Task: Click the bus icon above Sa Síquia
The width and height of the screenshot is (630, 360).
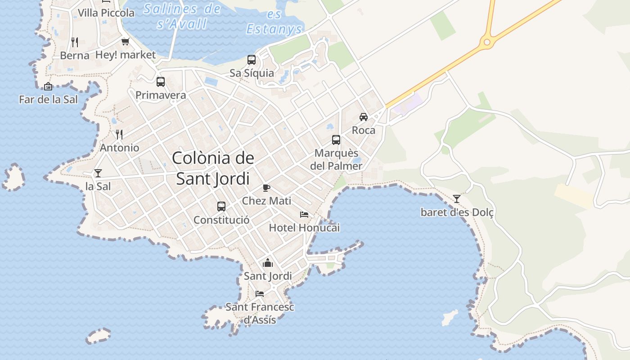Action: coord(252,59)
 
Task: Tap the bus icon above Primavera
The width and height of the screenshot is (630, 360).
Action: coord(161,82)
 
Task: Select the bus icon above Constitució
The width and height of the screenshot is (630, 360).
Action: coord(221,207)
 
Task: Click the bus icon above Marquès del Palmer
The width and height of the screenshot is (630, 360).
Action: coord(336,140)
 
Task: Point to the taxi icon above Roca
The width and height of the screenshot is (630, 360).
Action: coord(364,117)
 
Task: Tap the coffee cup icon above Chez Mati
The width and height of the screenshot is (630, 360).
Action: coord(266,188)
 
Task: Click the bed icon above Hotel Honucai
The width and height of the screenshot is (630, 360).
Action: coord(304,215)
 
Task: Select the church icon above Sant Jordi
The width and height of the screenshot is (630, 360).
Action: coord(268,263)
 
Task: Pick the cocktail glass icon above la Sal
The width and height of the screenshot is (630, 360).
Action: coord(98,173)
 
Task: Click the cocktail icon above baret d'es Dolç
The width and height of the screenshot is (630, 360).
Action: coord(457,198)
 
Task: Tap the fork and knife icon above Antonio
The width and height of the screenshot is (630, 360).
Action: coord(119,134)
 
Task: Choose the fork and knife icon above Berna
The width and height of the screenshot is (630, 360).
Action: coord(75,42)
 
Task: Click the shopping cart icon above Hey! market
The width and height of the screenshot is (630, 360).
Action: coord(125,42)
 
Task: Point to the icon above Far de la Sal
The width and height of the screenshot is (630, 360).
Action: coord(48,86)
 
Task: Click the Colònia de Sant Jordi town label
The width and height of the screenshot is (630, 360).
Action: coord(213,168)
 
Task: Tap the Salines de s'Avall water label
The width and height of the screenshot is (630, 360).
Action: coord(182,16)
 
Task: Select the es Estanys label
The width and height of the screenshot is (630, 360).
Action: coord(274,22)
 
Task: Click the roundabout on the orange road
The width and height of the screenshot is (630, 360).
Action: coord(486,43)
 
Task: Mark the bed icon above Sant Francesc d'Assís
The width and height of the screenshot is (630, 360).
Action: coord(260,294)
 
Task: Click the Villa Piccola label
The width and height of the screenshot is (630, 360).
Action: coord(106,13)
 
